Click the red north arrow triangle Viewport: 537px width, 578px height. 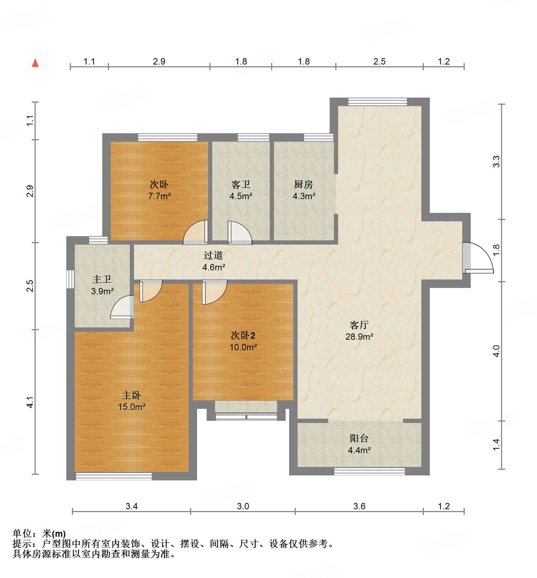point(35,63)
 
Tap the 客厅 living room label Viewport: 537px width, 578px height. point(359,325)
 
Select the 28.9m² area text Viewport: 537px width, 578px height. point(359,337)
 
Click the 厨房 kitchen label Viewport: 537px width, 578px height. point(303,184)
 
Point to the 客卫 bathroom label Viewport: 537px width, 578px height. point(241,184)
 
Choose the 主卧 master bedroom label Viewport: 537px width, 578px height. point(132,395)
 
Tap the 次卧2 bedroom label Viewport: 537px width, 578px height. point(243,336)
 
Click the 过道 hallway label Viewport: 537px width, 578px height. point(213,255)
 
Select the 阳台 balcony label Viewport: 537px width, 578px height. point(359,438)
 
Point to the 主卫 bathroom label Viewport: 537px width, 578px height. point(102,279)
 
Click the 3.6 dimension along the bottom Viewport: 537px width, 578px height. point(359,506)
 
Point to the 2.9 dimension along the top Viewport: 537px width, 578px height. point(159,62)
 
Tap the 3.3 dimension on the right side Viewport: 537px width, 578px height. point(496,161)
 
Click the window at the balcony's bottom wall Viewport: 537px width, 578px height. point(369,471)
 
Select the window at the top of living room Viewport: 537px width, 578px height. point(377,102)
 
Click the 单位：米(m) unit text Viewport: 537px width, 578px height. point(39,534)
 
